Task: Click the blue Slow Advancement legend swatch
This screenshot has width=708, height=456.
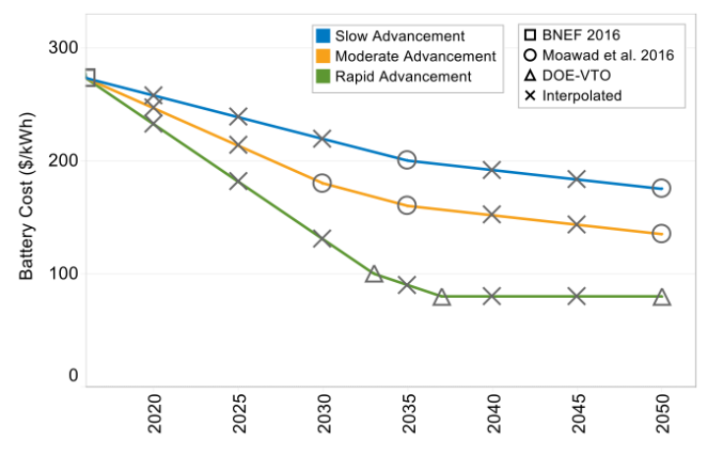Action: tap(323, 36)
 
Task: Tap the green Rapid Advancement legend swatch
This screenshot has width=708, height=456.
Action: tap(323, 76)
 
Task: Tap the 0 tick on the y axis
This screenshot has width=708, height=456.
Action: tap(74, 376)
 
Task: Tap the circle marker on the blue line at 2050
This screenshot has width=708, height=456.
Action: tap(662, 188)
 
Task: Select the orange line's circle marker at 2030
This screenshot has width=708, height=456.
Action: tap(323, 183)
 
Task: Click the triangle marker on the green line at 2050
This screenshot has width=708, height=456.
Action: tap(662, 297)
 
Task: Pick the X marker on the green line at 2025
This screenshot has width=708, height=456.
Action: tap(238, 181)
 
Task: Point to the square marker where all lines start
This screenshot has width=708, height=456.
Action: tap(88, 78)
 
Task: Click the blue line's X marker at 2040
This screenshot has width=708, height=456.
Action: tap(493, 170)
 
